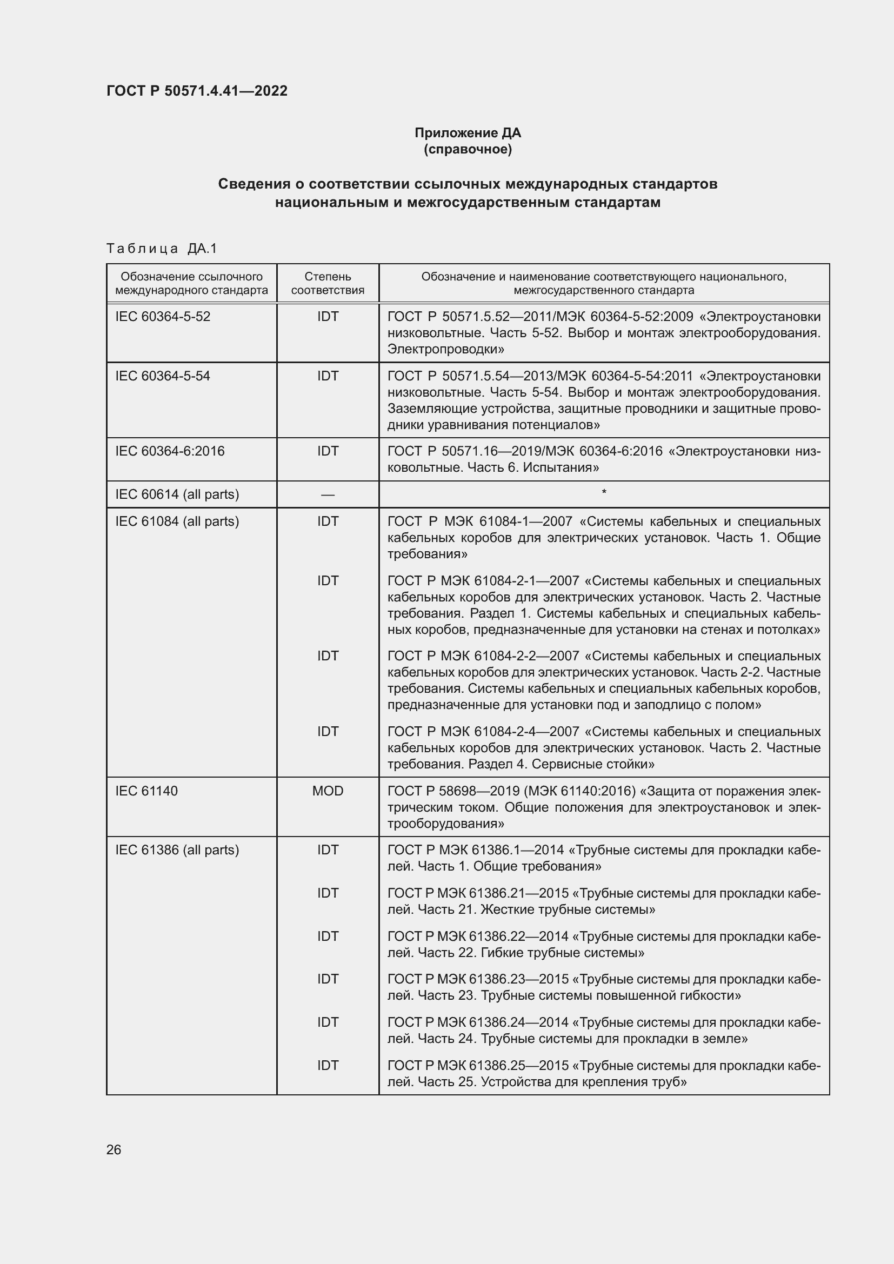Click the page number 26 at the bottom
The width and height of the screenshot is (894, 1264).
tap(114, 1149)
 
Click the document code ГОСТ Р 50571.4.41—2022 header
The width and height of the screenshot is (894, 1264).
tap(197, 91)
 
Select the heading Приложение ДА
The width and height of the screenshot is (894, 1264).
tap(468, 133)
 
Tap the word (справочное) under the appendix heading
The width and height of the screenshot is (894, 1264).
tap(468, 149)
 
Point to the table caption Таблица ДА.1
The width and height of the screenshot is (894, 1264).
tap(161, 249)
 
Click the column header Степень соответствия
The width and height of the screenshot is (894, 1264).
tap(328, 283)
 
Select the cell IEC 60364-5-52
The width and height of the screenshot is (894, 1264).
tap(162, 317)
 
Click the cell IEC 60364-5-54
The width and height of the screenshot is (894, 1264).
tap(162, 376)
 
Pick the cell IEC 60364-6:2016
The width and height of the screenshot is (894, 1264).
tap(170, 451)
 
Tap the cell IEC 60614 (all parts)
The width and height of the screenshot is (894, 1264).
tap(177, 494)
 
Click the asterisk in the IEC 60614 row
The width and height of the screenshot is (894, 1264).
tap(604, 492)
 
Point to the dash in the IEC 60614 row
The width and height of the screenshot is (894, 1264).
tap(328, 495)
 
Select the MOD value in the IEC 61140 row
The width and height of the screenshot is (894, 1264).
tap(328, 791)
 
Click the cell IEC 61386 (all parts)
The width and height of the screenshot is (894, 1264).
tap(177, 850)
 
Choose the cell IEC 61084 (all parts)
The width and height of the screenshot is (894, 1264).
tap(177, 521)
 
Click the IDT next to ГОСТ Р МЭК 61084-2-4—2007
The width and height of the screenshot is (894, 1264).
tap(328, 732)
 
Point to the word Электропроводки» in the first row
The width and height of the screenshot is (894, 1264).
tap(446, 349)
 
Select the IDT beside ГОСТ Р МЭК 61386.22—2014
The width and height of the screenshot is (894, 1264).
tap(328, 936)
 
